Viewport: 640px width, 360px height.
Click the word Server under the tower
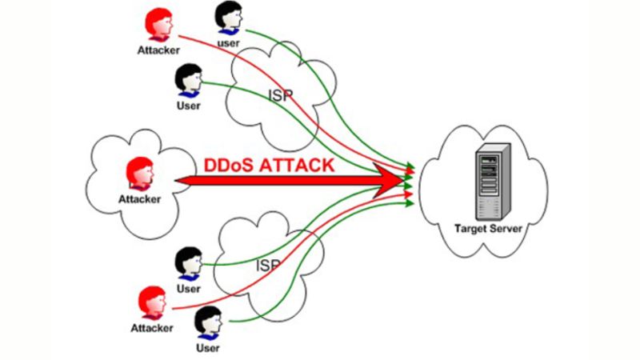click(506, 229)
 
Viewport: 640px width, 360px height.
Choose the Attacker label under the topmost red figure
click(154, 51)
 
